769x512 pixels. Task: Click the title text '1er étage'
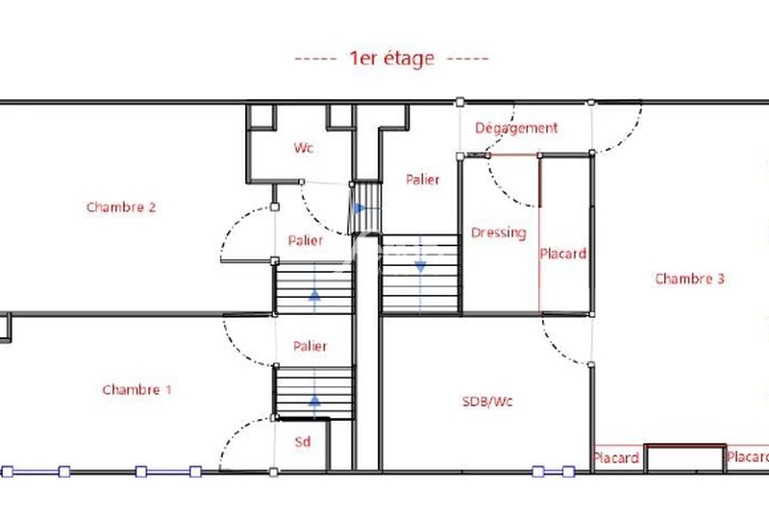[x=391, y=59]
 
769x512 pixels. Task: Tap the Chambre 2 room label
[x=121, y=207]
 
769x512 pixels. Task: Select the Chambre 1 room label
[x=136, y=389]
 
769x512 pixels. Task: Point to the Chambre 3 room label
[x=689, y=279]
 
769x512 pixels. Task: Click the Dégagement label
[x=516, y=128]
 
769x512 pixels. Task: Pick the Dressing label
[x=498, y=232]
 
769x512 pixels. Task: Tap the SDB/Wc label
[x=487, y=402]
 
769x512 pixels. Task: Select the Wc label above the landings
[x=304, y=148]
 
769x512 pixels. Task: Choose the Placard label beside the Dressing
[x=562, y=254]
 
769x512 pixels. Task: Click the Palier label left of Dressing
[x=422, y=180]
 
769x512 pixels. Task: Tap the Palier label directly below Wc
[x=306, y=240]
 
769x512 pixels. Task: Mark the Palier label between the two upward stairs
[x=310, y=346]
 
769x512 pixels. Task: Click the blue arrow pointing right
[x=360, y=207]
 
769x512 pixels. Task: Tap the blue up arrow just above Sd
[x=314, y=401]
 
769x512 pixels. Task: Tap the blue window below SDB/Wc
[x=554, y=472]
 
